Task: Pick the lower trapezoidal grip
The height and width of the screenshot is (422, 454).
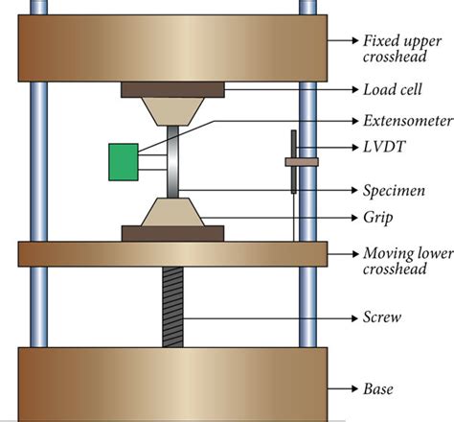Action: (173, 211)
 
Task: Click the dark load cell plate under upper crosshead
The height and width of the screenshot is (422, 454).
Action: (173, 90)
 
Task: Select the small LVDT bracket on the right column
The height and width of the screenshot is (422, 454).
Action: (300, 162)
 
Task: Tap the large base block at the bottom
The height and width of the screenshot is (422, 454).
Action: (173, 384)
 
